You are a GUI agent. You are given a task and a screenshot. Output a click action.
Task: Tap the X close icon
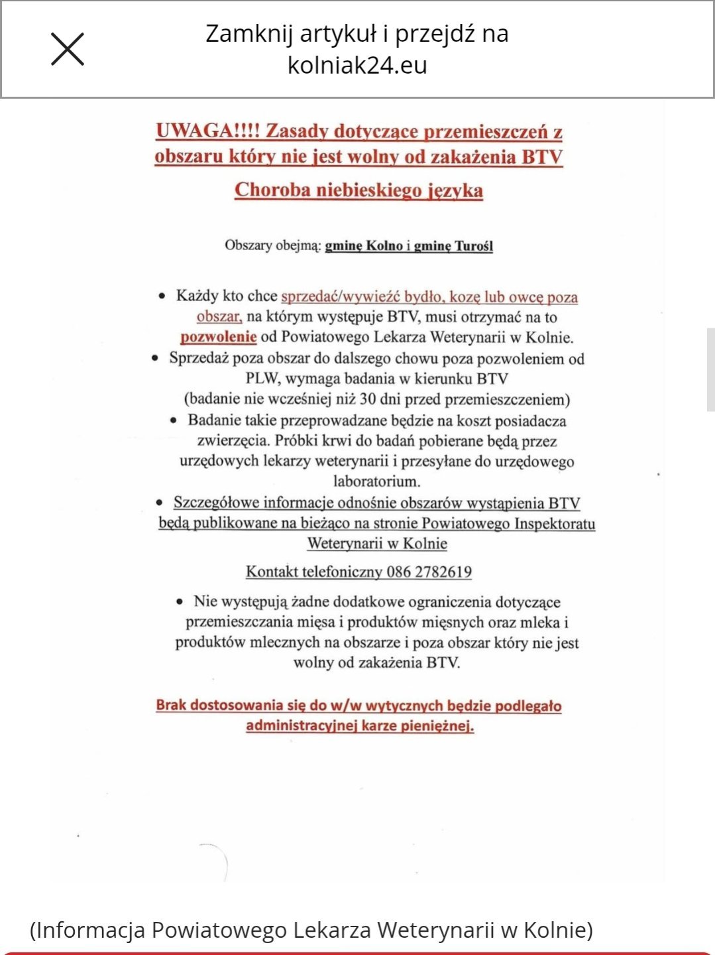[x=68, y=49]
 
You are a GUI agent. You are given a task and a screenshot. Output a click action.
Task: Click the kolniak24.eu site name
[x=357, y=65]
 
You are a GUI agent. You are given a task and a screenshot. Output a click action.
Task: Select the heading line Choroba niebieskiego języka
[x=358, y=190]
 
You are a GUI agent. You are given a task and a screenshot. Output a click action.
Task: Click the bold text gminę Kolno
[x=364, y=246]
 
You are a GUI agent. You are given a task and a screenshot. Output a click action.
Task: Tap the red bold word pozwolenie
[x=218, y=337]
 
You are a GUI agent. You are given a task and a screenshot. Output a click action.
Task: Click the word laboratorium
[x=376, y=481]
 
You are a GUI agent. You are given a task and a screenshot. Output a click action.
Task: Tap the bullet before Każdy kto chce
[x=162, y=296]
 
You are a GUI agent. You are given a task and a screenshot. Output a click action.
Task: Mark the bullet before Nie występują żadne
[x=180, y=602]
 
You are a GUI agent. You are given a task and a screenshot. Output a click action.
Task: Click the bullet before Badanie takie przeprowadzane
[x=174, y=420]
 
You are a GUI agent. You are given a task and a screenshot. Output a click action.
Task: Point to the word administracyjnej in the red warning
[x=302, y=726]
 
